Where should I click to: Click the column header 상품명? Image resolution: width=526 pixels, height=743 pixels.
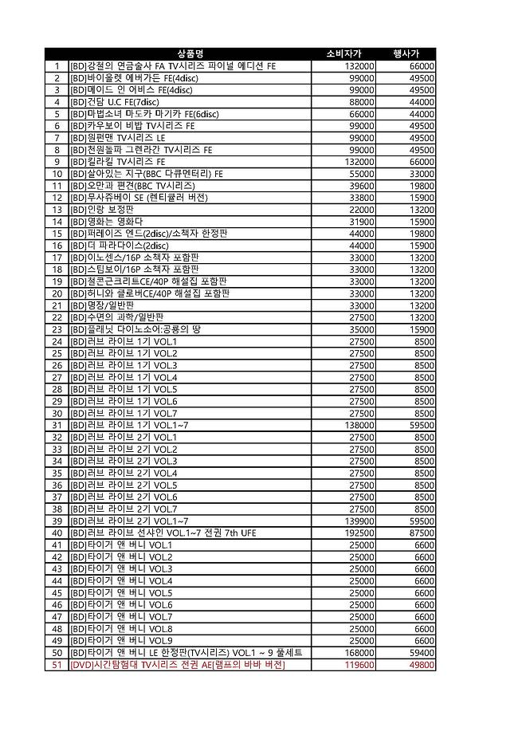point(189,53)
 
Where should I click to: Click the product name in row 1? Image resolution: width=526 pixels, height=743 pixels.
point(173,66)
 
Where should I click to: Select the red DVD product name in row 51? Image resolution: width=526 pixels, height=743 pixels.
point(177,665)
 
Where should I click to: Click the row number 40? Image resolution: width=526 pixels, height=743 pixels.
point(57,533)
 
